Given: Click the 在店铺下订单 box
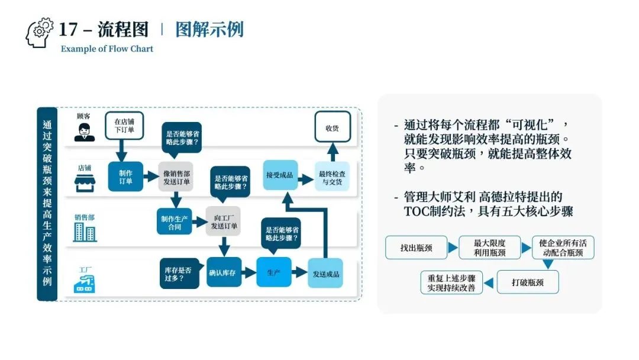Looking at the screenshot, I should click(124, 126).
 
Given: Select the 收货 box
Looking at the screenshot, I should click(332, 127).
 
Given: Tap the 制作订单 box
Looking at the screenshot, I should click(125, 176).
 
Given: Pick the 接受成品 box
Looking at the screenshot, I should click(280, 175).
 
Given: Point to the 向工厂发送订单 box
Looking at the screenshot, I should click(224, 221).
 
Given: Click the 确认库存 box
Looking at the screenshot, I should click(224, 273).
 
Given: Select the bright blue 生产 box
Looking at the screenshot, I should click(273, 273).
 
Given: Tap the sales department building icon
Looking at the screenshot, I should click(85, 232).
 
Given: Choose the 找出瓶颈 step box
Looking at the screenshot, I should click(416, 247).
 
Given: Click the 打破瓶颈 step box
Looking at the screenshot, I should click(527, 282).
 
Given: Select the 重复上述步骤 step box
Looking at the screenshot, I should click(451, 282).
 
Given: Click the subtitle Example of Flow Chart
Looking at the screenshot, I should click(107, 49).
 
